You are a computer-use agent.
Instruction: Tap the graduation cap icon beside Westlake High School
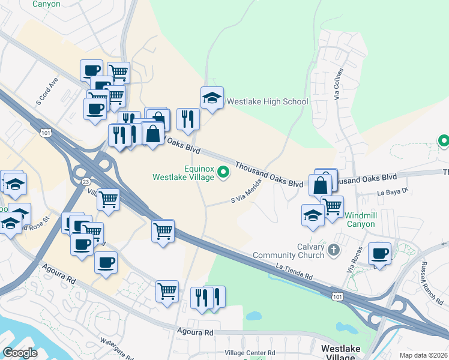point(212,97)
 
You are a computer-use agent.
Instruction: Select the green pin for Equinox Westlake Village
point(223,173)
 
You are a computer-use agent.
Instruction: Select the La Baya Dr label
point(393,192)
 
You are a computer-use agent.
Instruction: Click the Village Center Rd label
point(250,353)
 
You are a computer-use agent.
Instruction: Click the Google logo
point(20,353)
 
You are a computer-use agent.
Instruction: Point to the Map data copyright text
point(423,355)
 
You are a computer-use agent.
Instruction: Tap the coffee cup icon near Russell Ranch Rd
point(379,253)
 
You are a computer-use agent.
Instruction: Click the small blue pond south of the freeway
point(254,315)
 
